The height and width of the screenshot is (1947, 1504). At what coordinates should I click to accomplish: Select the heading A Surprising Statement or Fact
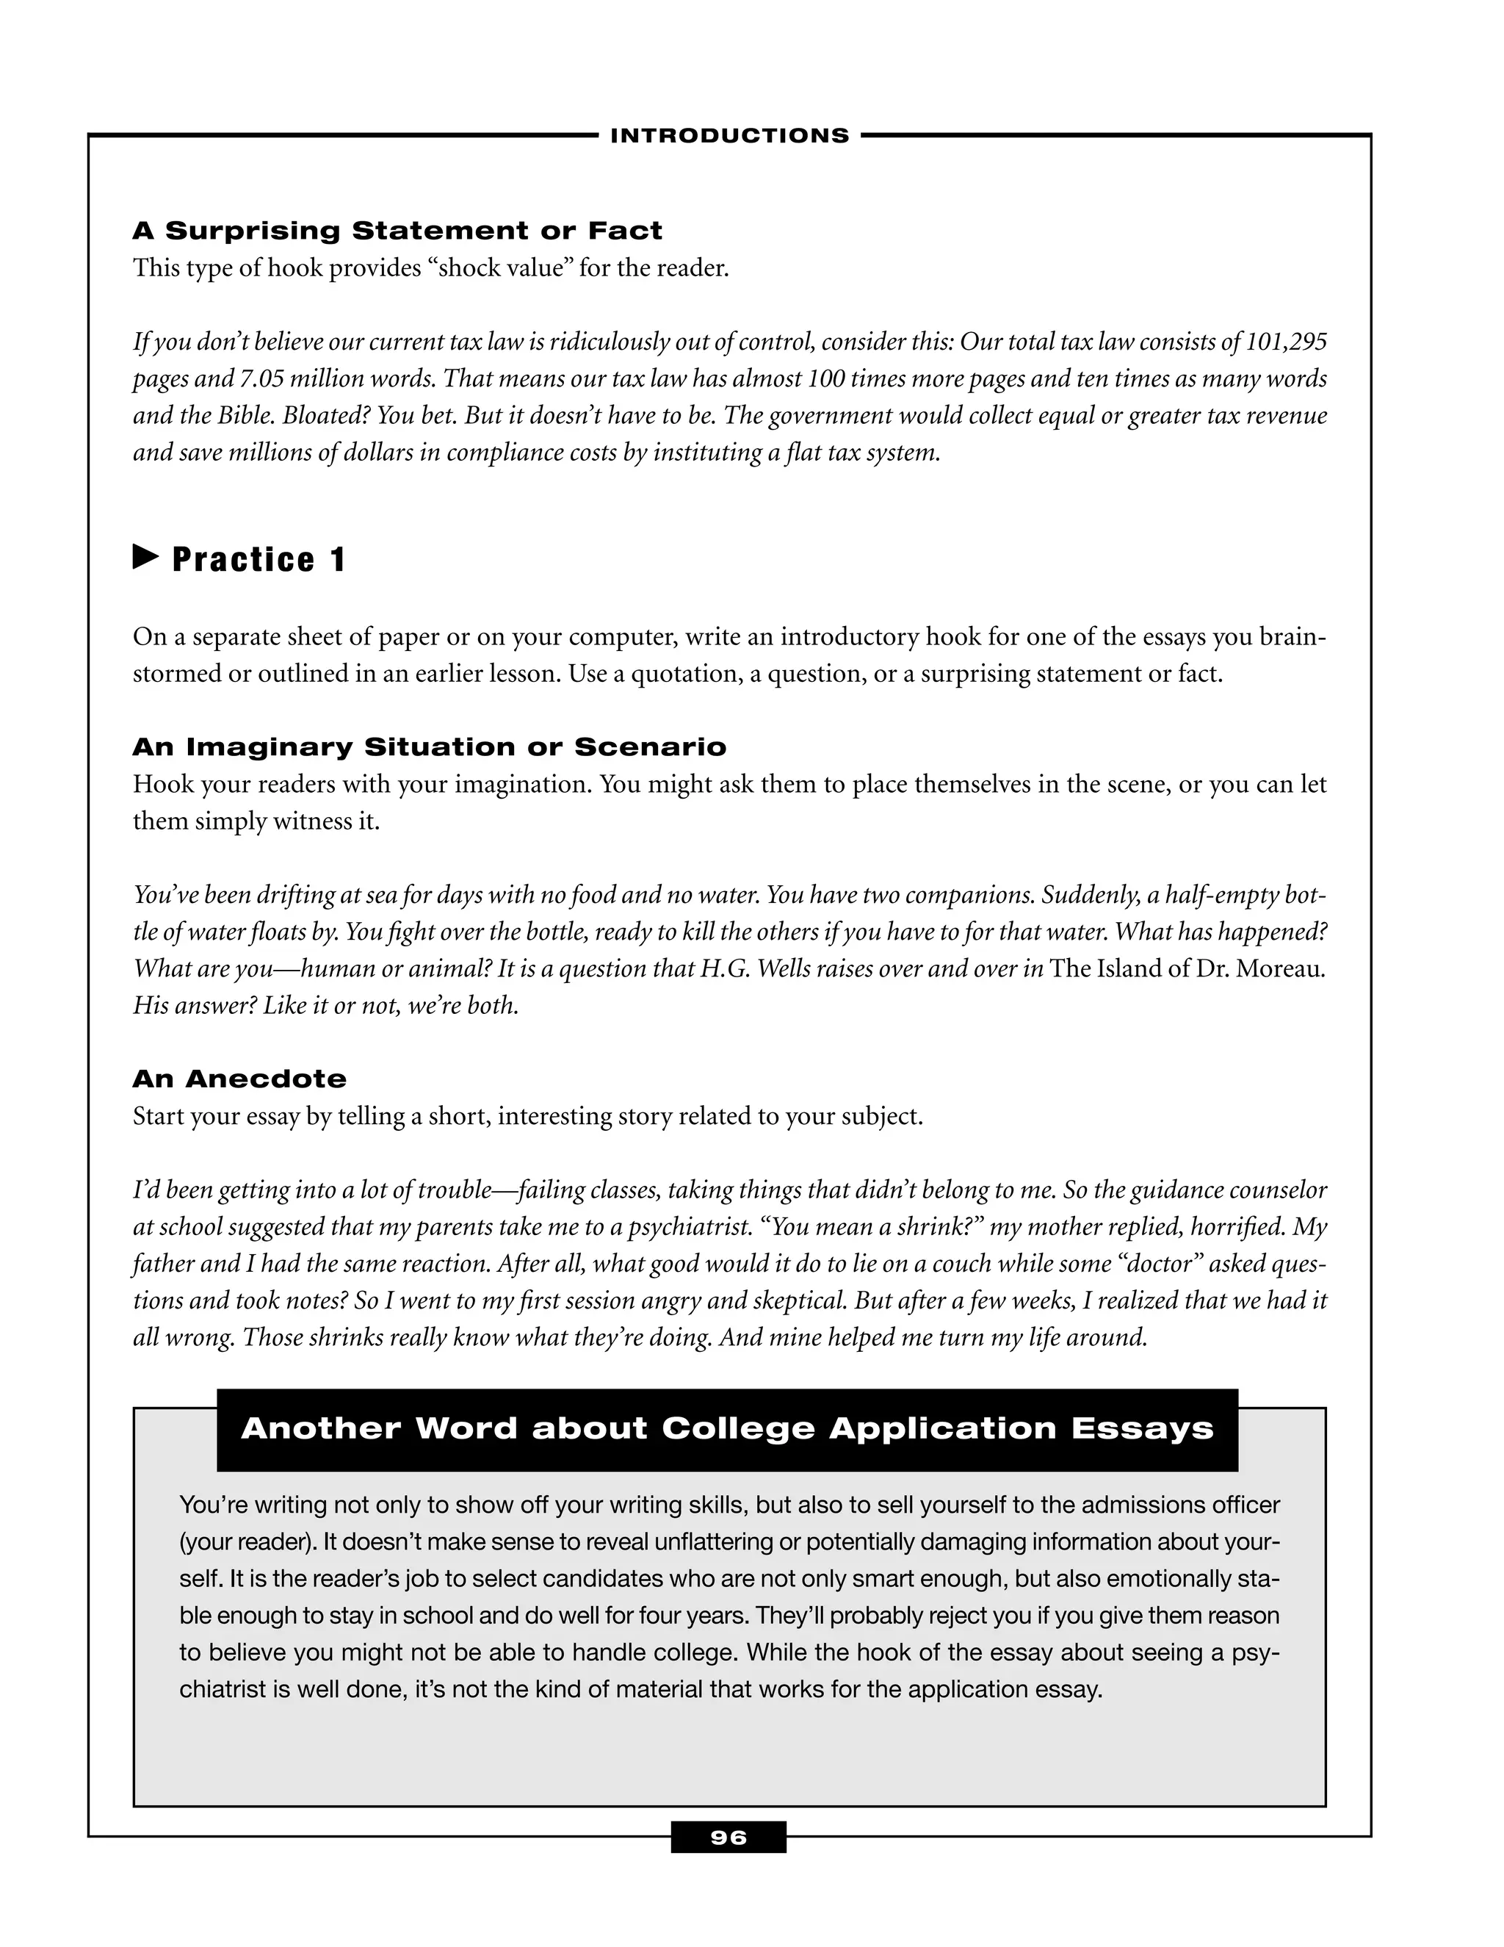[397, 231]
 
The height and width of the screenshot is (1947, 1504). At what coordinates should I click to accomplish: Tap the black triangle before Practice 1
[145, 558]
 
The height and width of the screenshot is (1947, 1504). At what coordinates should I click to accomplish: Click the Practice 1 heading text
[258, 560]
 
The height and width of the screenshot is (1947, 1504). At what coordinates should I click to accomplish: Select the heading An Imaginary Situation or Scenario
[430, 747]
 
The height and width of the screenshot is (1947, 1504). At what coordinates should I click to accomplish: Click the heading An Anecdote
[239, 1079]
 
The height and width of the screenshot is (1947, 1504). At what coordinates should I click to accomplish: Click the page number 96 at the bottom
[728, 1838]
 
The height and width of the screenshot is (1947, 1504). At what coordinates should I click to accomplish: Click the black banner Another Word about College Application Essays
[727, 1428]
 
